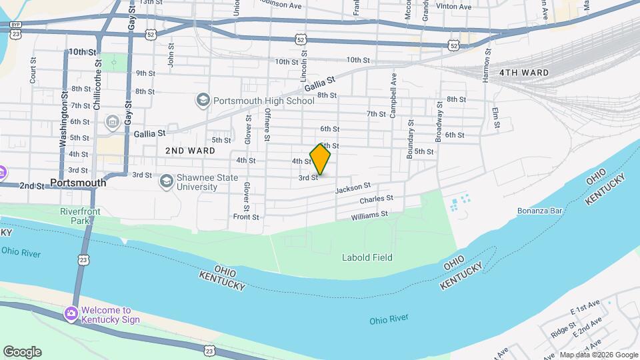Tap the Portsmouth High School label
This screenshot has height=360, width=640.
click(x=263, y=101)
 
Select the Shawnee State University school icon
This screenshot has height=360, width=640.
click(x=165, y=181)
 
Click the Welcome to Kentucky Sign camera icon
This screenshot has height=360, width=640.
click(x=71, y=313)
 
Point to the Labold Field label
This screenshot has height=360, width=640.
click(x=367, y=257)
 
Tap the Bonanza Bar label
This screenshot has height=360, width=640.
click(x=541, y=211)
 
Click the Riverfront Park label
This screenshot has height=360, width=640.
click(x=75, y=215)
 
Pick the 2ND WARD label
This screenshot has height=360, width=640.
click(x=190, y=151)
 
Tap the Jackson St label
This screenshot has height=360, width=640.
click(x=353, y=189)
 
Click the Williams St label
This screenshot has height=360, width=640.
click(x=369, y=215)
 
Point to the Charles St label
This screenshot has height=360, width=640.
click(x=376, y=199)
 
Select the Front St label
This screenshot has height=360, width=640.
click(x=246, y=217)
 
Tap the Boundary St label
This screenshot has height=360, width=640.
click(x=411, y=139)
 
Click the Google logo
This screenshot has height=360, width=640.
click(x=22, y=351)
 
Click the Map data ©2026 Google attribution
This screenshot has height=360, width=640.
click(x=598, y=355)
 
